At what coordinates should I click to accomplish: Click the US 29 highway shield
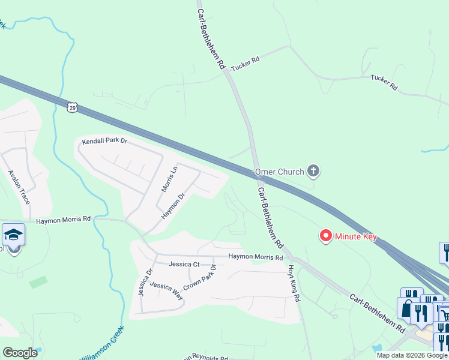[x=72, y=107]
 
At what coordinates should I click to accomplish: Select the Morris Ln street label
[x=170, y=179]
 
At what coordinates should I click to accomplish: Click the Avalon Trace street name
[x=19, y=187]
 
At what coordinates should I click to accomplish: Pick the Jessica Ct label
[x=184, y=264]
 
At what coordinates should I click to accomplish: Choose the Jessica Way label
[x=166, y=290]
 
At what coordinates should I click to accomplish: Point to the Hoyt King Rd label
[x=294, y=280]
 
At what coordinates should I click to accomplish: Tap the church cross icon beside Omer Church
[x=313, y=172]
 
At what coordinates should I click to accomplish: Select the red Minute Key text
[x=357, y=236]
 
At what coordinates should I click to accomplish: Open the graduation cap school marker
[x=13, y=235]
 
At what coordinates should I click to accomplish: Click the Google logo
[x=20, y=353]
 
